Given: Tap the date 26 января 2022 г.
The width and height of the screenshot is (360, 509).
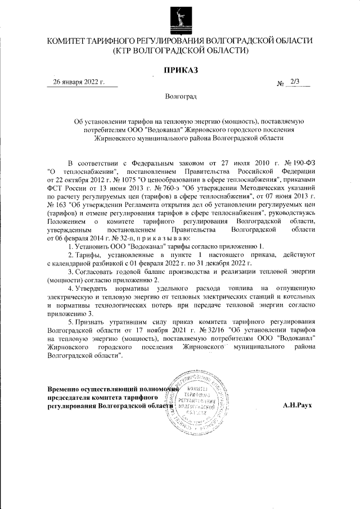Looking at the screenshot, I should coord(79,82).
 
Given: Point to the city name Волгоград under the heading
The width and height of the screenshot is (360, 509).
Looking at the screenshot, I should coord(180,97).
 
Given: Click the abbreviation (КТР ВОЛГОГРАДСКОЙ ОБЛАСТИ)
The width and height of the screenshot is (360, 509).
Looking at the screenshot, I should coord(180,51).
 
